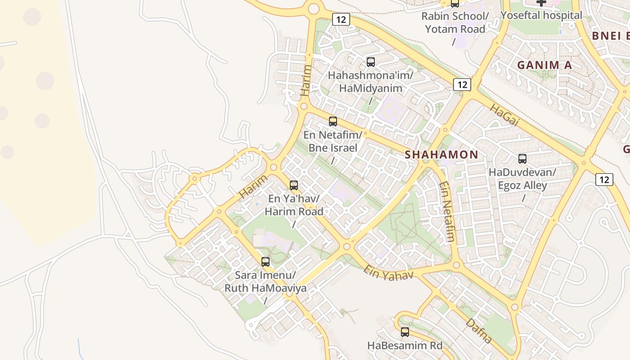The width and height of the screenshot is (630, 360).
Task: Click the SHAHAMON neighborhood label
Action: click(x=441, y=154)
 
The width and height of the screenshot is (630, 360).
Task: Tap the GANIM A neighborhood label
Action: click(x=544, y=65)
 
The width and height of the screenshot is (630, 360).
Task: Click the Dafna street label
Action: click(x=478, y=331)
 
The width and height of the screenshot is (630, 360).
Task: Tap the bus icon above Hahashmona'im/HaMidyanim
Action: click(x=370, y=62)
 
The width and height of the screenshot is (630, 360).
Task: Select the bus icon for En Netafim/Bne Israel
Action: click(x=333, y=121)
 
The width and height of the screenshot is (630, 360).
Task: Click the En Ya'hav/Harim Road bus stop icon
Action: click(x=294, y=185)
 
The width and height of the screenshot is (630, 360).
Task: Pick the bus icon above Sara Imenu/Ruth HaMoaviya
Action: click(x=265, y=262)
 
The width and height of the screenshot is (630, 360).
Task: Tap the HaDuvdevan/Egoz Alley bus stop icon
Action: click(x=522, y=159)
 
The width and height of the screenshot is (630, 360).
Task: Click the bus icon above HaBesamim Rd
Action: click(x=405, y=332)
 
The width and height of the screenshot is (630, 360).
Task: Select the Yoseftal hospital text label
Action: click(x=541, y=15)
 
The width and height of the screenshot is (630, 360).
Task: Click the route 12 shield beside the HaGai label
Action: click(x=462, y=84)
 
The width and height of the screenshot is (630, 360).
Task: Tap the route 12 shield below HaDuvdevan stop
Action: click(x=604, y=180)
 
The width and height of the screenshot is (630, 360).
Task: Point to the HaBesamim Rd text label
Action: click(x=405, y=346)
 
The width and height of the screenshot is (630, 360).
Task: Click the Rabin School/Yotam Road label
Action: click(x=454, y=23)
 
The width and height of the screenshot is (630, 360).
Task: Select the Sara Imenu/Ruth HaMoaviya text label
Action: click(x=265, y=281)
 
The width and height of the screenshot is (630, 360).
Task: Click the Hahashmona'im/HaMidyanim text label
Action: click(x=370, y=81)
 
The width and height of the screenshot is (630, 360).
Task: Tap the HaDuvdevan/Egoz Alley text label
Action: click(x=522, y=179)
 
